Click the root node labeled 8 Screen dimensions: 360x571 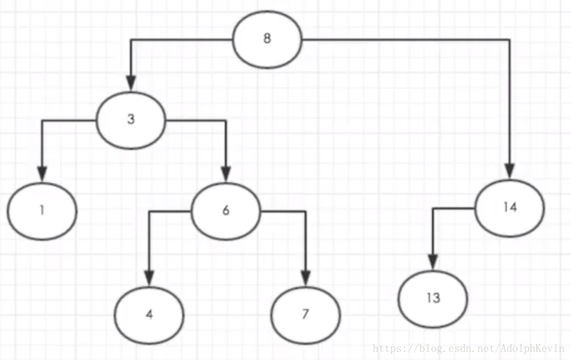267,40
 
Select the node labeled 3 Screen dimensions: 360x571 131,120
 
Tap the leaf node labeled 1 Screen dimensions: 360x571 42,211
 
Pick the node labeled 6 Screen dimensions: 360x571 226,211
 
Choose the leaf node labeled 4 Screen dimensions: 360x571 149,315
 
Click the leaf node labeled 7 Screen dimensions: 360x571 305,315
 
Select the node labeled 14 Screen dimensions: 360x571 509,208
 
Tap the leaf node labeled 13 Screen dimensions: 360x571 433,299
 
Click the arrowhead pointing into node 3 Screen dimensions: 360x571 131,85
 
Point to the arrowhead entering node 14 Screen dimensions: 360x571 509,172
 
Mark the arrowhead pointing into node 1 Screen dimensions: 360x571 41,174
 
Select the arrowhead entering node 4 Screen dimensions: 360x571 149,279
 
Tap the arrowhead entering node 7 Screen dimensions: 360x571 305,279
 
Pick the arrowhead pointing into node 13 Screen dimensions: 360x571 432,263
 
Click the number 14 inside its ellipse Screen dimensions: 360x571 509,208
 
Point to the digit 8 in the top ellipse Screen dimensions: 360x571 267,40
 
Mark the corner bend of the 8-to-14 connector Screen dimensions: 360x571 509,40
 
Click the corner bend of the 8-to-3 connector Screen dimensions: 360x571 131,40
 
